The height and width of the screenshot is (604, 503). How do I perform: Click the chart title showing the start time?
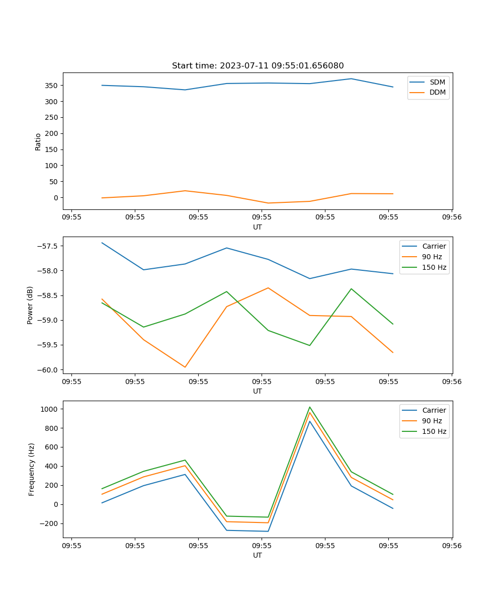(x=258, y=66)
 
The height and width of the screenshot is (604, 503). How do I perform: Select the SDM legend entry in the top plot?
(x=437, y=82)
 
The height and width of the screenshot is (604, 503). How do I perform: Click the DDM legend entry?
(x=437, y=93)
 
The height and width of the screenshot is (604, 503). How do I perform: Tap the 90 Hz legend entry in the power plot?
(x=432, y=257)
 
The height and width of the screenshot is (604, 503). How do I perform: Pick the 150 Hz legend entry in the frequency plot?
(x=434, y=431)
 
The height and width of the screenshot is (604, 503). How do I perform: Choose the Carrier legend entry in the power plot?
(x=434, y=246)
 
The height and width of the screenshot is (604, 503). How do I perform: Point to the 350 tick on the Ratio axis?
(x=52, y=86)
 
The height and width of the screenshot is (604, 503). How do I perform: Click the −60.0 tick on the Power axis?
(x=48, y=370)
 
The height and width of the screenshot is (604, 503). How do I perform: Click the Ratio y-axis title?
(x=38, y=142)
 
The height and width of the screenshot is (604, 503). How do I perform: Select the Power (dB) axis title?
(x=30, y=305)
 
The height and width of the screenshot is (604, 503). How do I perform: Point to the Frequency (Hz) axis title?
(x=32, y=469)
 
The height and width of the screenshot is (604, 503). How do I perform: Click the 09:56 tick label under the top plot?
(x=451, y=218)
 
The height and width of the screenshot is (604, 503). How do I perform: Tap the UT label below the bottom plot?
(x=258, y=555)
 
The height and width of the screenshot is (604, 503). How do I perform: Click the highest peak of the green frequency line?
(x=310, y=407)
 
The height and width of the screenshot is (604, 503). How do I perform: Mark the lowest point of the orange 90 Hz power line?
(x=185, y=367)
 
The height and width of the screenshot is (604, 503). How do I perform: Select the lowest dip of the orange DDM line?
(x=268, y=203)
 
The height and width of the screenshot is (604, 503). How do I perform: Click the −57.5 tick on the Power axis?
(x=48, y=246)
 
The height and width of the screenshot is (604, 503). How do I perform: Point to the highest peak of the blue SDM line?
(x=351, y=79)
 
